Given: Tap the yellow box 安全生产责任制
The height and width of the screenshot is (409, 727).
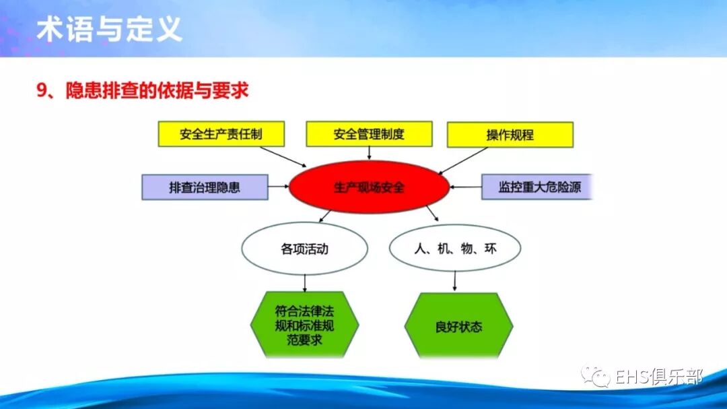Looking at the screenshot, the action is (x=221, y=134).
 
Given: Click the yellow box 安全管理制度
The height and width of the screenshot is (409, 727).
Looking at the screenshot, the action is (x=369, y=134).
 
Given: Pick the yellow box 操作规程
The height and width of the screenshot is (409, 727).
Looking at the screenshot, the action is (x=510, y=135).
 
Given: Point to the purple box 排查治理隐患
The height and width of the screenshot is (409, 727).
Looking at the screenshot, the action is (x=205, y=187).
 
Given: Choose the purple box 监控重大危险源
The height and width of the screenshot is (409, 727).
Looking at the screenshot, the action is (x=539, y=187).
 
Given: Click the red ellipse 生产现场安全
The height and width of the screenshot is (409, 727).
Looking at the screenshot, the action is (x=369, y=187).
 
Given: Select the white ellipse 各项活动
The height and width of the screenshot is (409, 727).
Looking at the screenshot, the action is (x=305, y=249).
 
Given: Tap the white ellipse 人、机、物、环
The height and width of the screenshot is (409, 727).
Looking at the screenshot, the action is (x=455, y=249).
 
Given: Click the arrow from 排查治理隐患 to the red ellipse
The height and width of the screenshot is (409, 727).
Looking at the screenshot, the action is (x=278, y=187).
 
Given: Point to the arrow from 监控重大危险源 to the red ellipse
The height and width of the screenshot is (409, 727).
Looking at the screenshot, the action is (x=466, y=187).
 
